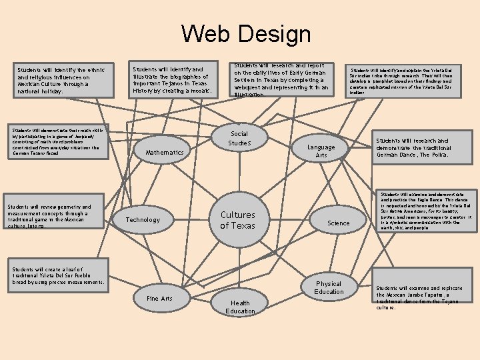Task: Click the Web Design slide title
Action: click(x=245, y=34)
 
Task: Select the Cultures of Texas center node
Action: click(x=238, y=219)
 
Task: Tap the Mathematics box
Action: click(x=164, y=153)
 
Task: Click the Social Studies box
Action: click(x=239, y=139)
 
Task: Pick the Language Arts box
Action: click(x=321, y=151)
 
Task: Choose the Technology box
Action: click(x=143, y=219)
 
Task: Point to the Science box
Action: click(x=339, y=223)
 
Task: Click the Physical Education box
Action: click(x=329, y=287)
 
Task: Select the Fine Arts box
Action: click(x=159, y=299)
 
